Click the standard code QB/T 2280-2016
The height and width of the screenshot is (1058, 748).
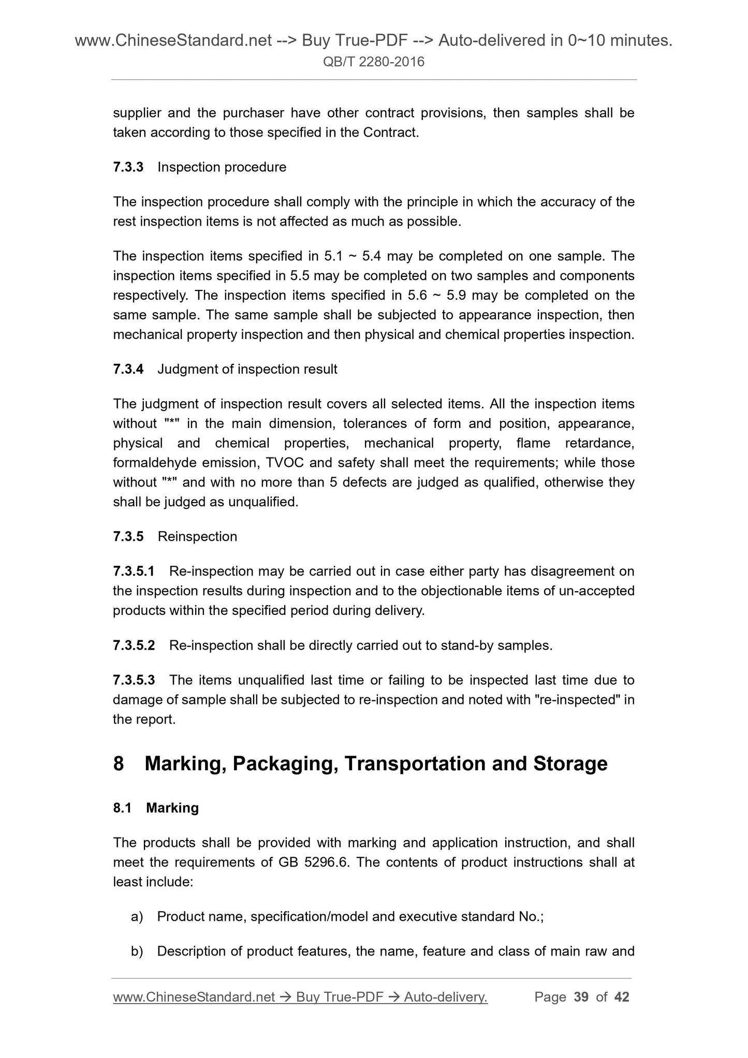pyautogui.click(x=374, y=62)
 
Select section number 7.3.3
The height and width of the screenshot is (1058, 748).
pyautogui.click(x=128, y=167)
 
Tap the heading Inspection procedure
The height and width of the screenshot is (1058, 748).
pyautogui.click(x=222, y=167)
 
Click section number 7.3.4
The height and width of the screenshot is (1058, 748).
pyautogui.click(x=128, y=369)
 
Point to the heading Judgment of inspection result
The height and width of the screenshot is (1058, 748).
pyautogui.click(x=247, y=369)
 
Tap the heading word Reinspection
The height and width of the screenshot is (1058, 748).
pyautogui.click(x=197, y=536)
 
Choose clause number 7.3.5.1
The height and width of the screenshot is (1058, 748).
pyautogui.click(x=134, y=571)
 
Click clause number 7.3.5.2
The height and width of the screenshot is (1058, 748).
pyautogui.click(x=134, y=645)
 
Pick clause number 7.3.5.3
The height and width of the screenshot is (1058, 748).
pyautogui.click(x=134, y=680)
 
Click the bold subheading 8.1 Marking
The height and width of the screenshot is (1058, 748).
pyautogui.click(x=156, y=808)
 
